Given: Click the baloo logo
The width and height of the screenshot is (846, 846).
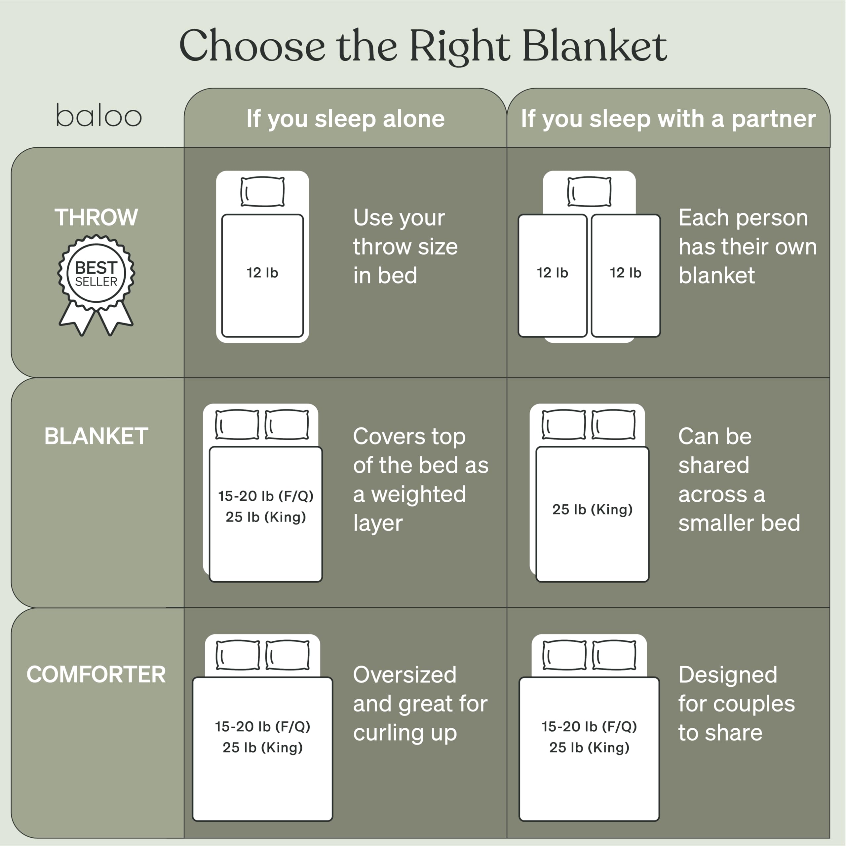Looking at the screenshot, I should click(98, 116).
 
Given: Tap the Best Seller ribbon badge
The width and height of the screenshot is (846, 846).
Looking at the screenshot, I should click(96, 280).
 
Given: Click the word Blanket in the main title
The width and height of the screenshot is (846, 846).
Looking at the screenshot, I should click(594, 46).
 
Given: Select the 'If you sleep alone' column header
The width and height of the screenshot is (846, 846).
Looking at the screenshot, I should click(345, 119).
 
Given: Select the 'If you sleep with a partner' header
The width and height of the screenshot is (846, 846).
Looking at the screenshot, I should click(668, 119).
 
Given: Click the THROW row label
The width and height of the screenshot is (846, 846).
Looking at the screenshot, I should click(96, 217).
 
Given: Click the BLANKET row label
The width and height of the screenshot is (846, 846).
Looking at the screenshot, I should click(96, 436).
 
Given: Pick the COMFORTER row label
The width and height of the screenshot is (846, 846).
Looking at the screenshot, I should click(96, 674).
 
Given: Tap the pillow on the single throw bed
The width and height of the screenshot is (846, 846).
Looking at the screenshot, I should click(262, 191).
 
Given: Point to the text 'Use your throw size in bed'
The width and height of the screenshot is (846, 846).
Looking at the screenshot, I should click(405, 247).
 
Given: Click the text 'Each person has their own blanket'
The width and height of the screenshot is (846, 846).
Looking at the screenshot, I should click(747, 247).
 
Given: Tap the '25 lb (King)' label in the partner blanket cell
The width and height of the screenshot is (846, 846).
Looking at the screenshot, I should click(592, 509).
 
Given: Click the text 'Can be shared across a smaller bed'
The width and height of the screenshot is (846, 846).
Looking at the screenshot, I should click(739, 480).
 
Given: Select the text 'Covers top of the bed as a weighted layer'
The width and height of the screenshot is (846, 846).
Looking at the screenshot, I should click(420, 480).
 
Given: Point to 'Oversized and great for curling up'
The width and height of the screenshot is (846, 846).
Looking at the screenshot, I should click(419, 704).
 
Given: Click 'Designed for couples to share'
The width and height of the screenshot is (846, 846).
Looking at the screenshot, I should click(736, 704).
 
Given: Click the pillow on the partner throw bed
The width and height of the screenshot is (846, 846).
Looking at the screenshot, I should click(589, 191).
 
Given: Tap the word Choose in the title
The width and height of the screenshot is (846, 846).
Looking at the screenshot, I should click(252, 46).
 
